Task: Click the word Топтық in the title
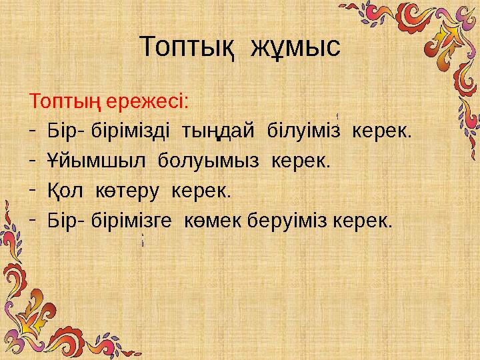[x=187, y=48]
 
